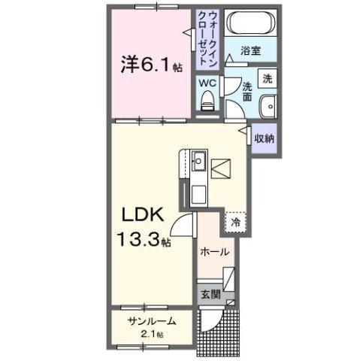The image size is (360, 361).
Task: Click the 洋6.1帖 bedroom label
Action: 151,65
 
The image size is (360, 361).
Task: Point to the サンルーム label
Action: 151,321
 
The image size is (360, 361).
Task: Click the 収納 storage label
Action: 263,138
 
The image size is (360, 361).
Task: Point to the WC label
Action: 208,83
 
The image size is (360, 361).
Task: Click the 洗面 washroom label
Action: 247,90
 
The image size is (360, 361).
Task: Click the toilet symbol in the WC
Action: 208,100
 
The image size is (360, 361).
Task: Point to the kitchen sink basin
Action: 199,160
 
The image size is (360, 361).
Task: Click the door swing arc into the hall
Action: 181,222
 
